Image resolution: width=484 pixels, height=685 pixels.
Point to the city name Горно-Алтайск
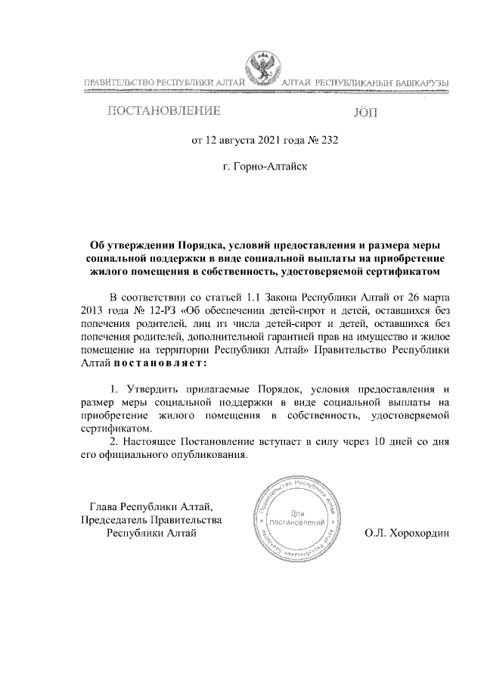pyautogui.click(x=271, y=165)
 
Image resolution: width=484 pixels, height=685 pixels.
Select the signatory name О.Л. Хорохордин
pyautogui.click(x=406, y=533)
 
